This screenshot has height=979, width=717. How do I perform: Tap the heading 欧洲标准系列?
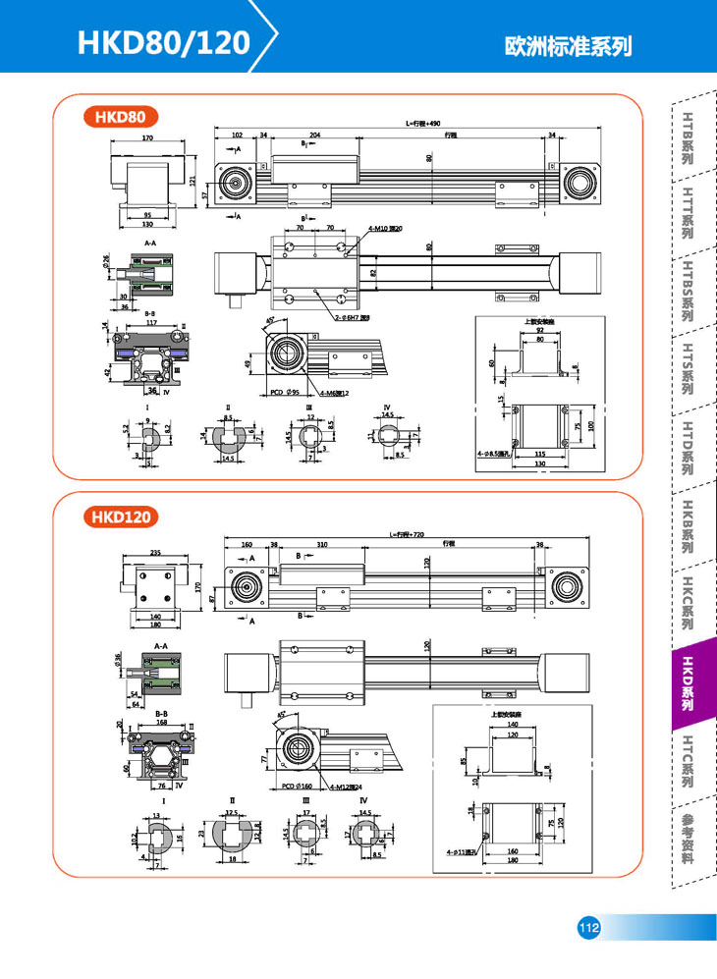pyautogui.click(x=567, y=46)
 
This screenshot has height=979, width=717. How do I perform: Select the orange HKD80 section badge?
pyautogui.click(x=121, y=117)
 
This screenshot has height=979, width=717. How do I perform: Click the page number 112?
pyautogui.click(x=588, y=928)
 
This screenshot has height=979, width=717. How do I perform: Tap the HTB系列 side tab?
pyautogui.click(x=689, y=136)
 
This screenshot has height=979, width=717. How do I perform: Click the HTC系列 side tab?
pyautogui.click(x=689, y=761)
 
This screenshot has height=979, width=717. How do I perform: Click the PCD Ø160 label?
pyautogui.click(x=286, y=787)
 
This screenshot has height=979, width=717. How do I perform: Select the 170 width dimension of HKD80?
pyautogui.click(x=147, y=139)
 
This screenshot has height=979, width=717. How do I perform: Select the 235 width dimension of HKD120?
pyautogui.click(x=156, y=554)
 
